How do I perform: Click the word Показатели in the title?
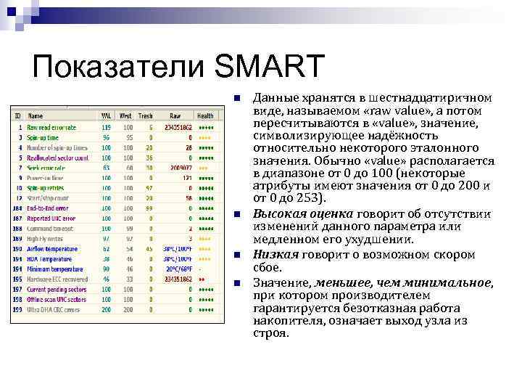click(x=119, y=66)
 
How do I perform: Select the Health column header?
click(x=205, y=115)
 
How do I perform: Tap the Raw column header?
click(x=175, y=115)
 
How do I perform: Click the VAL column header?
click(x=106, y=115)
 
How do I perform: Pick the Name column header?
click(x=36, y=115)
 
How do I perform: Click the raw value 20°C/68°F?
click(x=178, y=269)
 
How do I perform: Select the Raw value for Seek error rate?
click(x=180, y=167)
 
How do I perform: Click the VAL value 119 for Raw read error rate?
click(x=106, y=126)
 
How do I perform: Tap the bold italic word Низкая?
click(x=275, y=254)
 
